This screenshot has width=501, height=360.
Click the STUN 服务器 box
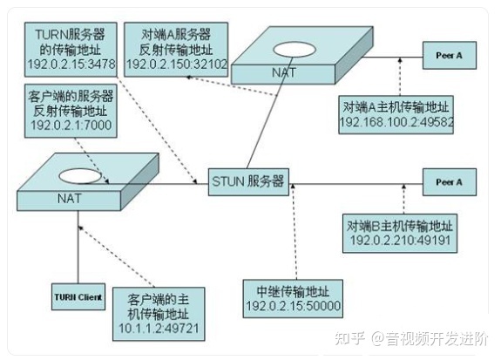[248, 182]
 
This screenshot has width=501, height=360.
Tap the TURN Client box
[78, 296]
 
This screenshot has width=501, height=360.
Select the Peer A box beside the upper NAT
[450, 55]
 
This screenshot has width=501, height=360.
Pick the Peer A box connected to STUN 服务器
[450, 182]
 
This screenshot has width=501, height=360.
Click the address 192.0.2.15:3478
[71, 64]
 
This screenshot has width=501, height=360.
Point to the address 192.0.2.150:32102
[176, 64]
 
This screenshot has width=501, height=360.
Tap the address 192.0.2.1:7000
[71, 125]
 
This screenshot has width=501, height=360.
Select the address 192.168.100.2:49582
[396, 122]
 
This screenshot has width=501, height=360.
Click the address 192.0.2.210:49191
[400, 240]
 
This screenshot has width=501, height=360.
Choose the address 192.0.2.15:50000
[293, 306]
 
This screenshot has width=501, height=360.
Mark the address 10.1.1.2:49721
[159, 328]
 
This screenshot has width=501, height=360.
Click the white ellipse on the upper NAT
[295, 49]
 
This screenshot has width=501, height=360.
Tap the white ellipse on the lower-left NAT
[80, 176]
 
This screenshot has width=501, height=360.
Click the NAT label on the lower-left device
[70, 199]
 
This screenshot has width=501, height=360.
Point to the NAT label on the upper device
[284, 72]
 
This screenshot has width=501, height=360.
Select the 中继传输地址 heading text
[293, 291]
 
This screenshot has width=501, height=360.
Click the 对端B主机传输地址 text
[400, 226]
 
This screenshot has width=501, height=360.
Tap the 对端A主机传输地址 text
[396, 107]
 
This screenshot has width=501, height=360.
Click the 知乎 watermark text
[350, 338]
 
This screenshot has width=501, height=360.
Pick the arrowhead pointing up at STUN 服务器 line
[293, 186]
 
